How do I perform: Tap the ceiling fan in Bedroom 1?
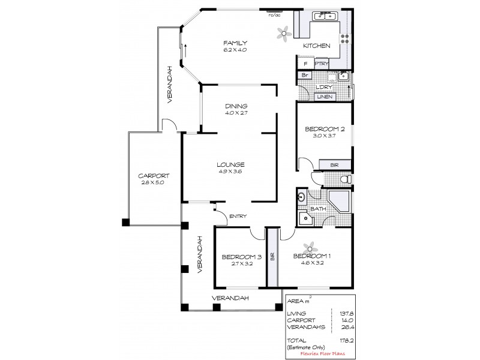(310, 247)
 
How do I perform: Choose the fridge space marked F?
(305, 63)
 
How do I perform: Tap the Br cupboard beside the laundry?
(304, 75)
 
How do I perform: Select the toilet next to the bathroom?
(344, 179)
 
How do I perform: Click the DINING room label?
(236, 106)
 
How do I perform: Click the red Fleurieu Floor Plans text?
(327, 354)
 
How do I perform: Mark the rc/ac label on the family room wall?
(275, 15)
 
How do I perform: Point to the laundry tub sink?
(343, 76)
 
